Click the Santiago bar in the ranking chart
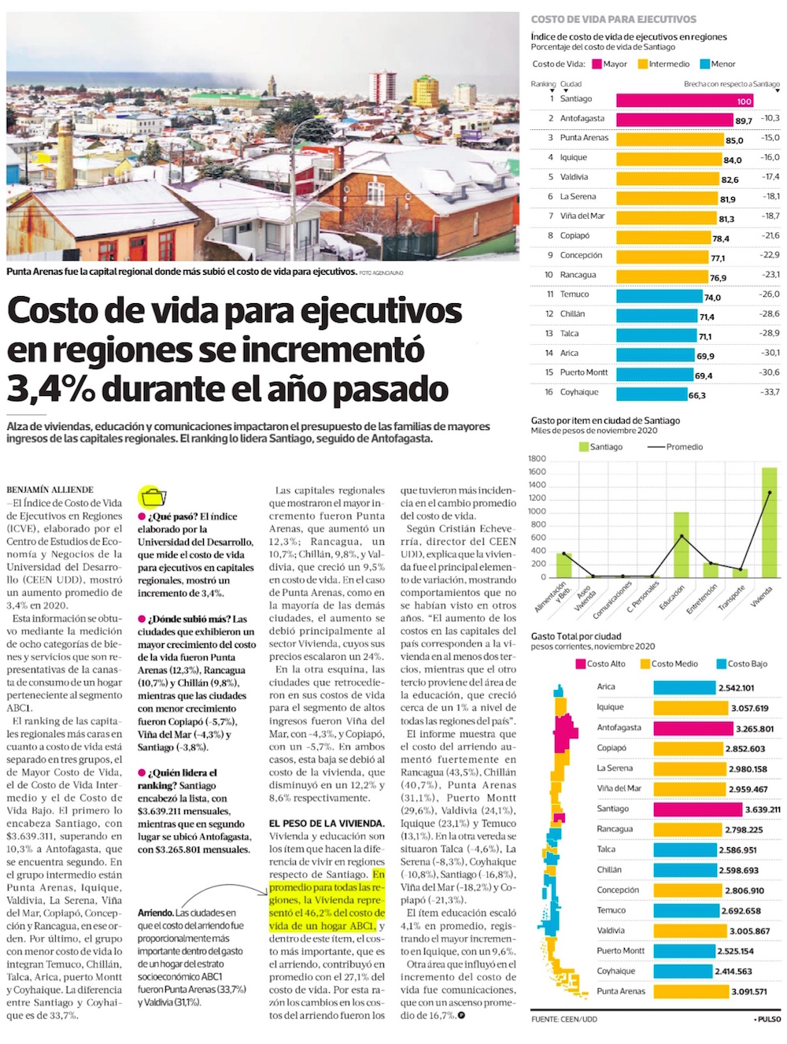click(685, 100)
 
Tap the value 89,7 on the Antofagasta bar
click(744, 120)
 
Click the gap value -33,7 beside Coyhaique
click(770, 392)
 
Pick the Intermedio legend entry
click(663, 65)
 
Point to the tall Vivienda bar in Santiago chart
click(769, 522)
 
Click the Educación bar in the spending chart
click(681, 544)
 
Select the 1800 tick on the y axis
click(537, 459)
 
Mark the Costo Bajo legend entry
click(741, 664)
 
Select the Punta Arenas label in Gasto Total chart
click(620, 991)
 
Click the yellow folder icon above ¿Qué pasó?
click(153, 497)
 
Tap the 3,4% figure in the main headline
click(51, 389)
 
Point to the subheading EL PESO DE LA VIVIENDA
click(326, 824)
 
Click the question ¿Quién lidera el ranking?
click(180, 779)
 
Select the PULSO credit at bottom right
click(768, 1020)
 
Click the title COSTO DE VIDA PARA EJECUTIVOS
click(613, 19)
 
